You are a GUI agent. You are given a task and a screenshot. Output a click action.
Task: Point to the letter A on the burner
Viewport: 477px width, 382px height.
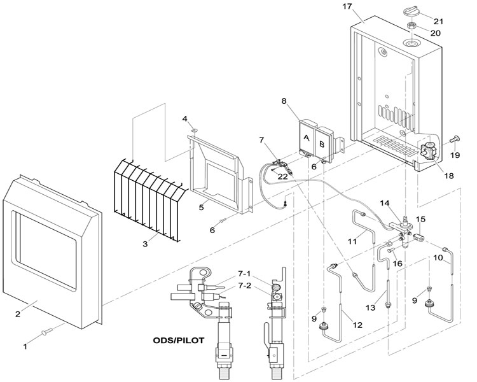coord(306,138)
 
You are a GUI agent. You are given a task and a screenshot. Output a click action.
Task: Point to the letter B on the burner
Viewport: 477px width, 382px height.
coord(322,144)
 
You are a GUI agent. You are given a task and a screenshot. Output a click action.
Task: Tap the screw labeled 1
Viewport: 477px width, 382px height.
coord(47,331)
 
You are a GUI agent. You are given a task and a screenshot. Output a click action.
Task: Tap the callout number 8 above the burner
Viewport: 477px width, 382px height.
coord(284,101)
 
